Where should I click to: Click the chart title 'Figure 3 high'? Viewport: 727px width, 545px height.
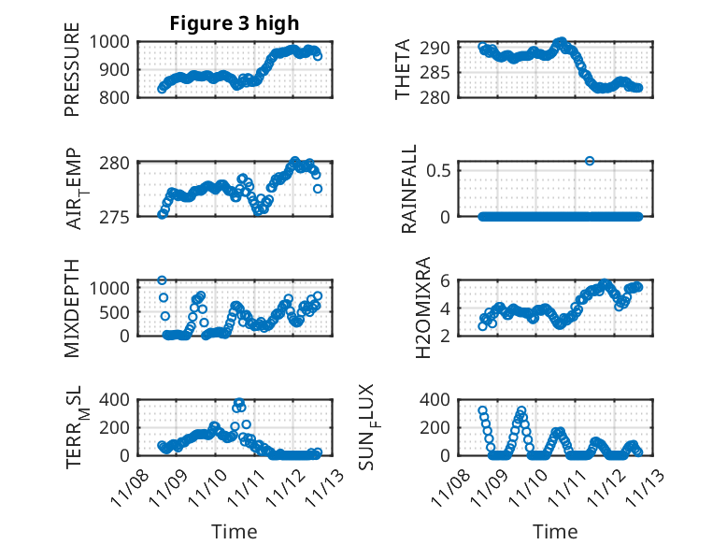tap(234, 23)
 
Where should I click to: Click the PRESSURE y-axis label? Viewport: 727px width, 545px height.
tap(72, 76)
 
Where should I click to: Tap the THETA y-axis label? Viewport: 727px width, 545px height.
tap(404, 69)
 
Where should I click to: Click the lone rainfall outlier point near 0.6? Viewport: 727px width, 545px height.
tap(590, 161)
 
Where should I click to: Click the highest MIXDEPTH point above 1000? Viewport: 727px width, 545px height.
tap(162, 280)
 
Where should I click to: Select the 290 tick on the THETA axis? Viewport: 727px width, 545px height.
tap(440, 48)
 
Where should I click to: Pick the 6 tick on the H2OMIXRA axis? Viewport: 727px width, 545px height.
tap(447, 280)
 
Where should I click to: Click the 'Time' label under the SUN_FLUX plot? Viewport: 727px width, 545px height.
tap(555, 532)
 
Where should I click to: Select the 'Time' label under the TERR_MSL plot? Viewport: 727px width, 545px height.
tap(234, 532)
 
